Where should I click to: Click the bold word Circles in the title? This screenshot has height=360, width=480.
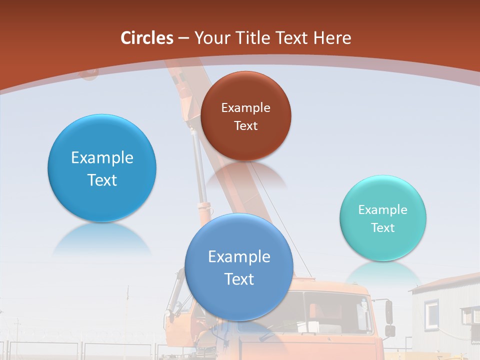tap(147, 38)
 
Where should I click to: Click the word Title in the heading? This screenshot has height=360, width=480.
tap(253, 38)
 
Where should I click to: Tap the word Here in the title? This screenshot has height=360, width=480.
tap(332, 38)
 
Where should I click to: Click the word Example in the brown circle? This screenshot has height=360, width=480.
tap(245, 108)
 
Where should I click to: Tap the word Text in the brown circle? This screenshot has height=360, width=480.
tap(245, 126)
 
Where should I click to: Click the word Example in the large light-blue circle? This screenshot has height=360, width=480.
tap(102, 158)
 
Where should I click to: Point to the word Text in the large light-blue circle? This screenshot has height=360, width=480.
tap(102, 180)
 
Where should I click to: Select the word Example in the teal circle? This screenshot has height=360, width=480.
tap(382, 210)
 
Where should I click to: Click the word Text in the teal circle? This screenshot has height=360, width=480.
tap(382, 228)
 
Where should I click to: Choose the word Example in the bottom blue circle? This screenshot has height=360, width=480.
tap(239, 257)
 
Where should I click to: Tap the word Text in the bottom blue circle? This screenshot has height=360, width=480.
tap(239, 279)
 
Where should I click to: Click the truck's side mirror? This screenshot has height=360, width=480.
tap(389, 312)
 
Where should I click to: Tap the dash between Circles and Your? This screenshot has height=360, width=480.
tap(183, 38)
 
